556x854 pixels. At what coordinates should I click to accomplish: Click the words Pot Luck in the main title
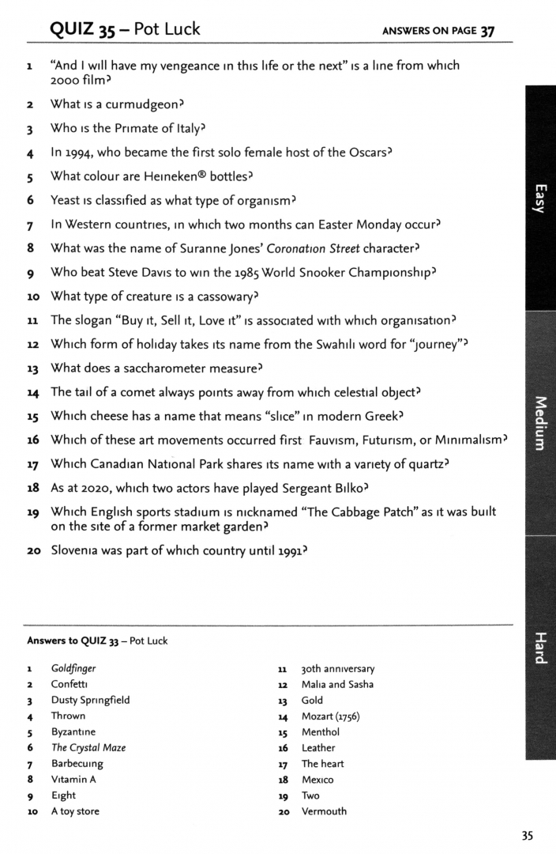(167, 30)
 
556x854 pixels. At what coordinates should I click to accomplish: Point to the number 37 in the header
(487, 31)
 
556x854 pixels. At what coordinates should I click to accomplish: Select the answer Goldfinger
(73, 668)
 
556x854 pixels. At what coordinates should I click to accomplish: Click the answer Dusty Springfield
(90, 700)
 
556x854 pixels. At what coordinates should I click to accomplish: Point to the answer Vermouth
(324, 811)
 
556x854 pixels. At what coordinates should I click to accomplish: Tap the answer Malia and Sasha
(337, 684)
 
